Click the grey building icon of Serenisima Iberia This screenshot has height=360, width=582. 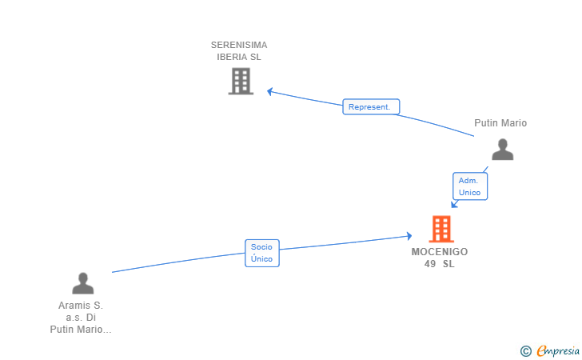point(241,81)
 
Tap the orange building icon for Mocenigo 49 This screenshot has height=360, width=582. point(440,229)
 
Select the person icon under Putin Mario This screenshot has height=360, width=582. point(502,150)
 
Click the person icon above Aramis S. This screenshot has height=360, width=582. point(82,283)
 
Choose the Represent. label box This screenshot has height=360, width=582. point(371,106)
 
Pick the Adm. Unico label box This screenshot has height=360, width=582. point(469,186)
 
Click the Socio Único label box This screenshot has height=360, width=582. point(261,253)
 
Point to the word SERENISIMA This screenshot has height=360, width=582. point(239,45)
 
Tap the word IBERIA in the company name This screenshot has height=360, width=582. point(233,57)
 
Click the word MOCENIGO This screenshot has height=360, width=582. point(440,251)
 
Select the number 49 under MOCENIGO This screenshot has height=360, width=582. point(430,263)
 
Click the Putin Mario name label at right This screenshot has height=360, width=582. point(500,123)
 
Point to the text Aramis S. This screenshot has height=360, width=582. point(81,305)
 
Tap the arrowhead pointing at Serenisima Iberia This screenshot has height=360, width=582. point(270,91)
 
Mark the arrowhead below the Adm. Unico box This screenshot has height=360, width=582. point(454,204)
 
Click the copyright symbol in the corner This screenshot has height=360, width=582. point(525,350)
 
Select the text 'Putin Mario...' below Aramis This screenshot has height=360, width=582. point(81,329)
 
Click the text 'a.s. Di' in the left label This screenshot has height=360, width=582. point(81,317)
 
